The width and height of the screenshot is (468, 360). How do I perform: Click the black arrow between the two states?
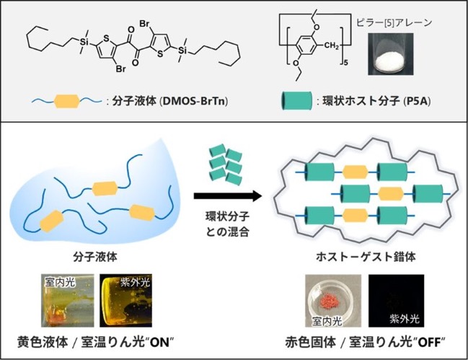228,196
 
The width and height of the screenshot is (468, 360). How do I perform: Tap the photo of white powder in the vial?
390,53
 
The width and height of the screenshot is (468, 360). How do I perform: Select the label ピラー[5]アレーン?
394,22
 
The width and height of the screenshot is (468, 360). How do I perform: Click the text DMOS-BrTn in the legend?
194,102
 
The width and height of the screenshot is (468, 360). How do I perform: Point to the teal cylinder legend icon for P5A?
296,101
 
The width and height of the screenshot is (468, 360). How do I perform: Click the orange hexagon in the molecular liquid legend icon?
67,102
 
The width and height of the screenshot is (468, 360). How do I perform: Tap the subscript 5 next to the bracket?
346,63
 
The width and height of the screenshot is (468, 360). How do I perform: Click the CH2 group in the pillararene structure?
331,46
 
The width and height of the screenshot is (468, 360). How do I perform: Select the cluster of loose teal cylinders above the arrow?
226,163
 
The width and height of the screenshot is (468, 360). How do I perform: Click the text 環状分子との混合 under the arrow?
227,224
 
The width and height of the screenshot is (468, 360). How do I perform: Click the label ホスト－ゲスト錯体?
366,257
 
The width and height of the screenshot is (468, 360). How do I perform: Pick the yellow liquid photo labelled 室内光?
68,301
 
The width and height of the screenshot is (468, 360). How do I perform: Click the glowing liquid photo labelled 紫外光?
125,301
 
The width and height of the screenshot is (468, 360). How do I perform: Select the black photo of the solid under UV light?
397,301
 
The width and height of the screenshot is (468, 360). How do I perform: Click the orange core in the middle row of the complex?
391,194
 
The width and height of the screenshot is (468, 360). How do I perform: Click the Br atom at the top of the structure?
145,24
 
